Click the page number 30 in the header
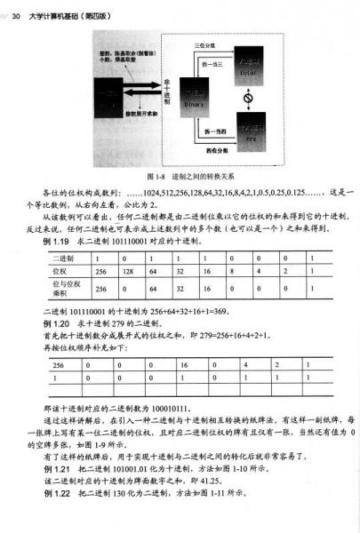[16, 8]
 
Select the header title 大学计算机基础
[53, 8]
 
